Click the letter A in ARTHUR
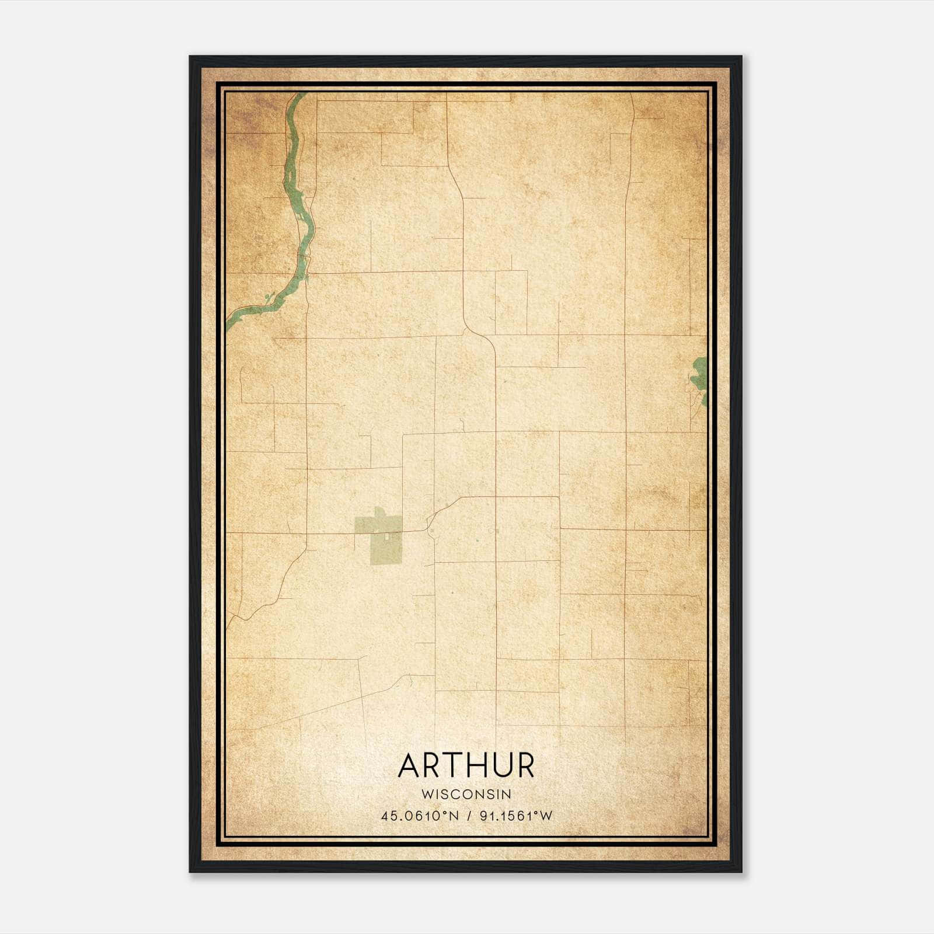[x=409, y=766]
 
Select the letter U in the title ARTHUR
[x=499, y=766]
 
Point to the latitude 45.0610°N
[x=419, y=816]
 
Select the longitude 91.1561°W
[x=515, y=816]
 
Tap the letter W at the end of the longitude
[x=546, y=816]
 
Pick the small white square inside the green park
[x=386, y=535]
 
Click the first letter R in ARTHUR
[x=431, y=766]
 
